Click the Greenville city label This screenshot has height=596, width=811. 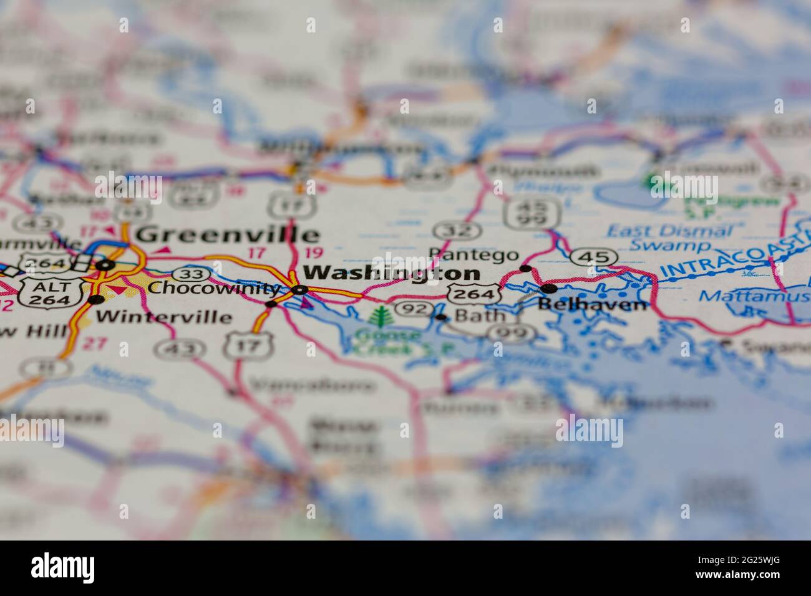(228, 235)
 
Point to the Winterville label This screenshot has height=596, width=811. (164, 316)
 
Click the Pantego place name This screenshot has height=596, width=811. (474, 254)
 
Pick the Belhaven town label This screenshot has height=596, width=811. (593, 305)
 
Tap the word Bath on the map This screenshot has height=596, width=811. (480, 315)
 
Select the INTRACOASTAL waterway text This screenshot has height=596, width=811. (736, 254)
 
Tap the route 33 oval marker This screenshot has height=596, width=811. (187, 273)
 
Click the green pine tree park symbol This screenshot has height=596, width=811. (378, 317)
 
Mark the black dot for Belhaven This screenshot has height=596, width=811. (549, 288)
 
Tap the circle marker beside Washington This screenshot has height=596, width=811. (301, 290)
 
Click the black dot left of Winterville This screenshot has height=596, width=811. (95, 300)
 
